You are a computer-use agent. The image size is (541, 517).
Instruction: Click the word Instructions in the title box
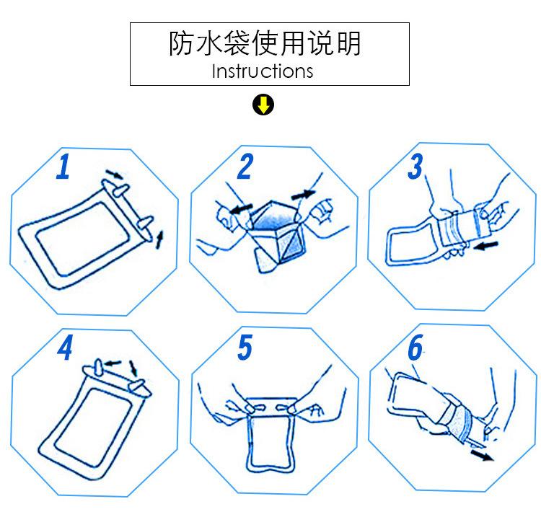[x=263, y=71]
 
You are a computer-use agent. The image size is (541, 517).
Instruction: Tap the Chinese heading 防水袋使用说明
[x=264, y=45]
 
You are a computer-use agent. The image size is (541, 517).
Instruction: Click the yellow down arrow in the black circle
[x=263, y=106]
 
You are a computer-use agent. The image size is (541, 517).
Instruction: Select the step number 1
[x=63, y=167]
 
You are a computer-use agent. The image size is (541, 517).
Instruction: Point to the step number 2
[x=245, y=167]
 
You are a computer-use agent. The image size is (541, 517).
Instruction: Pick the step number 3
[x=415, y=167]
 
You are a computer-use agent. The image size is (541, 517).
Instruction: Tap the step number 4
[x=66, y=349]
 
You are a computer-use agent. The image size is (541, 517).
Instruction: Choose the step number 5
[x=245, y=348]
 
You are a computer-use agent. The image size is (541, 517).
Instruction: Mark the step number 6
[x=415, y=348]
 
